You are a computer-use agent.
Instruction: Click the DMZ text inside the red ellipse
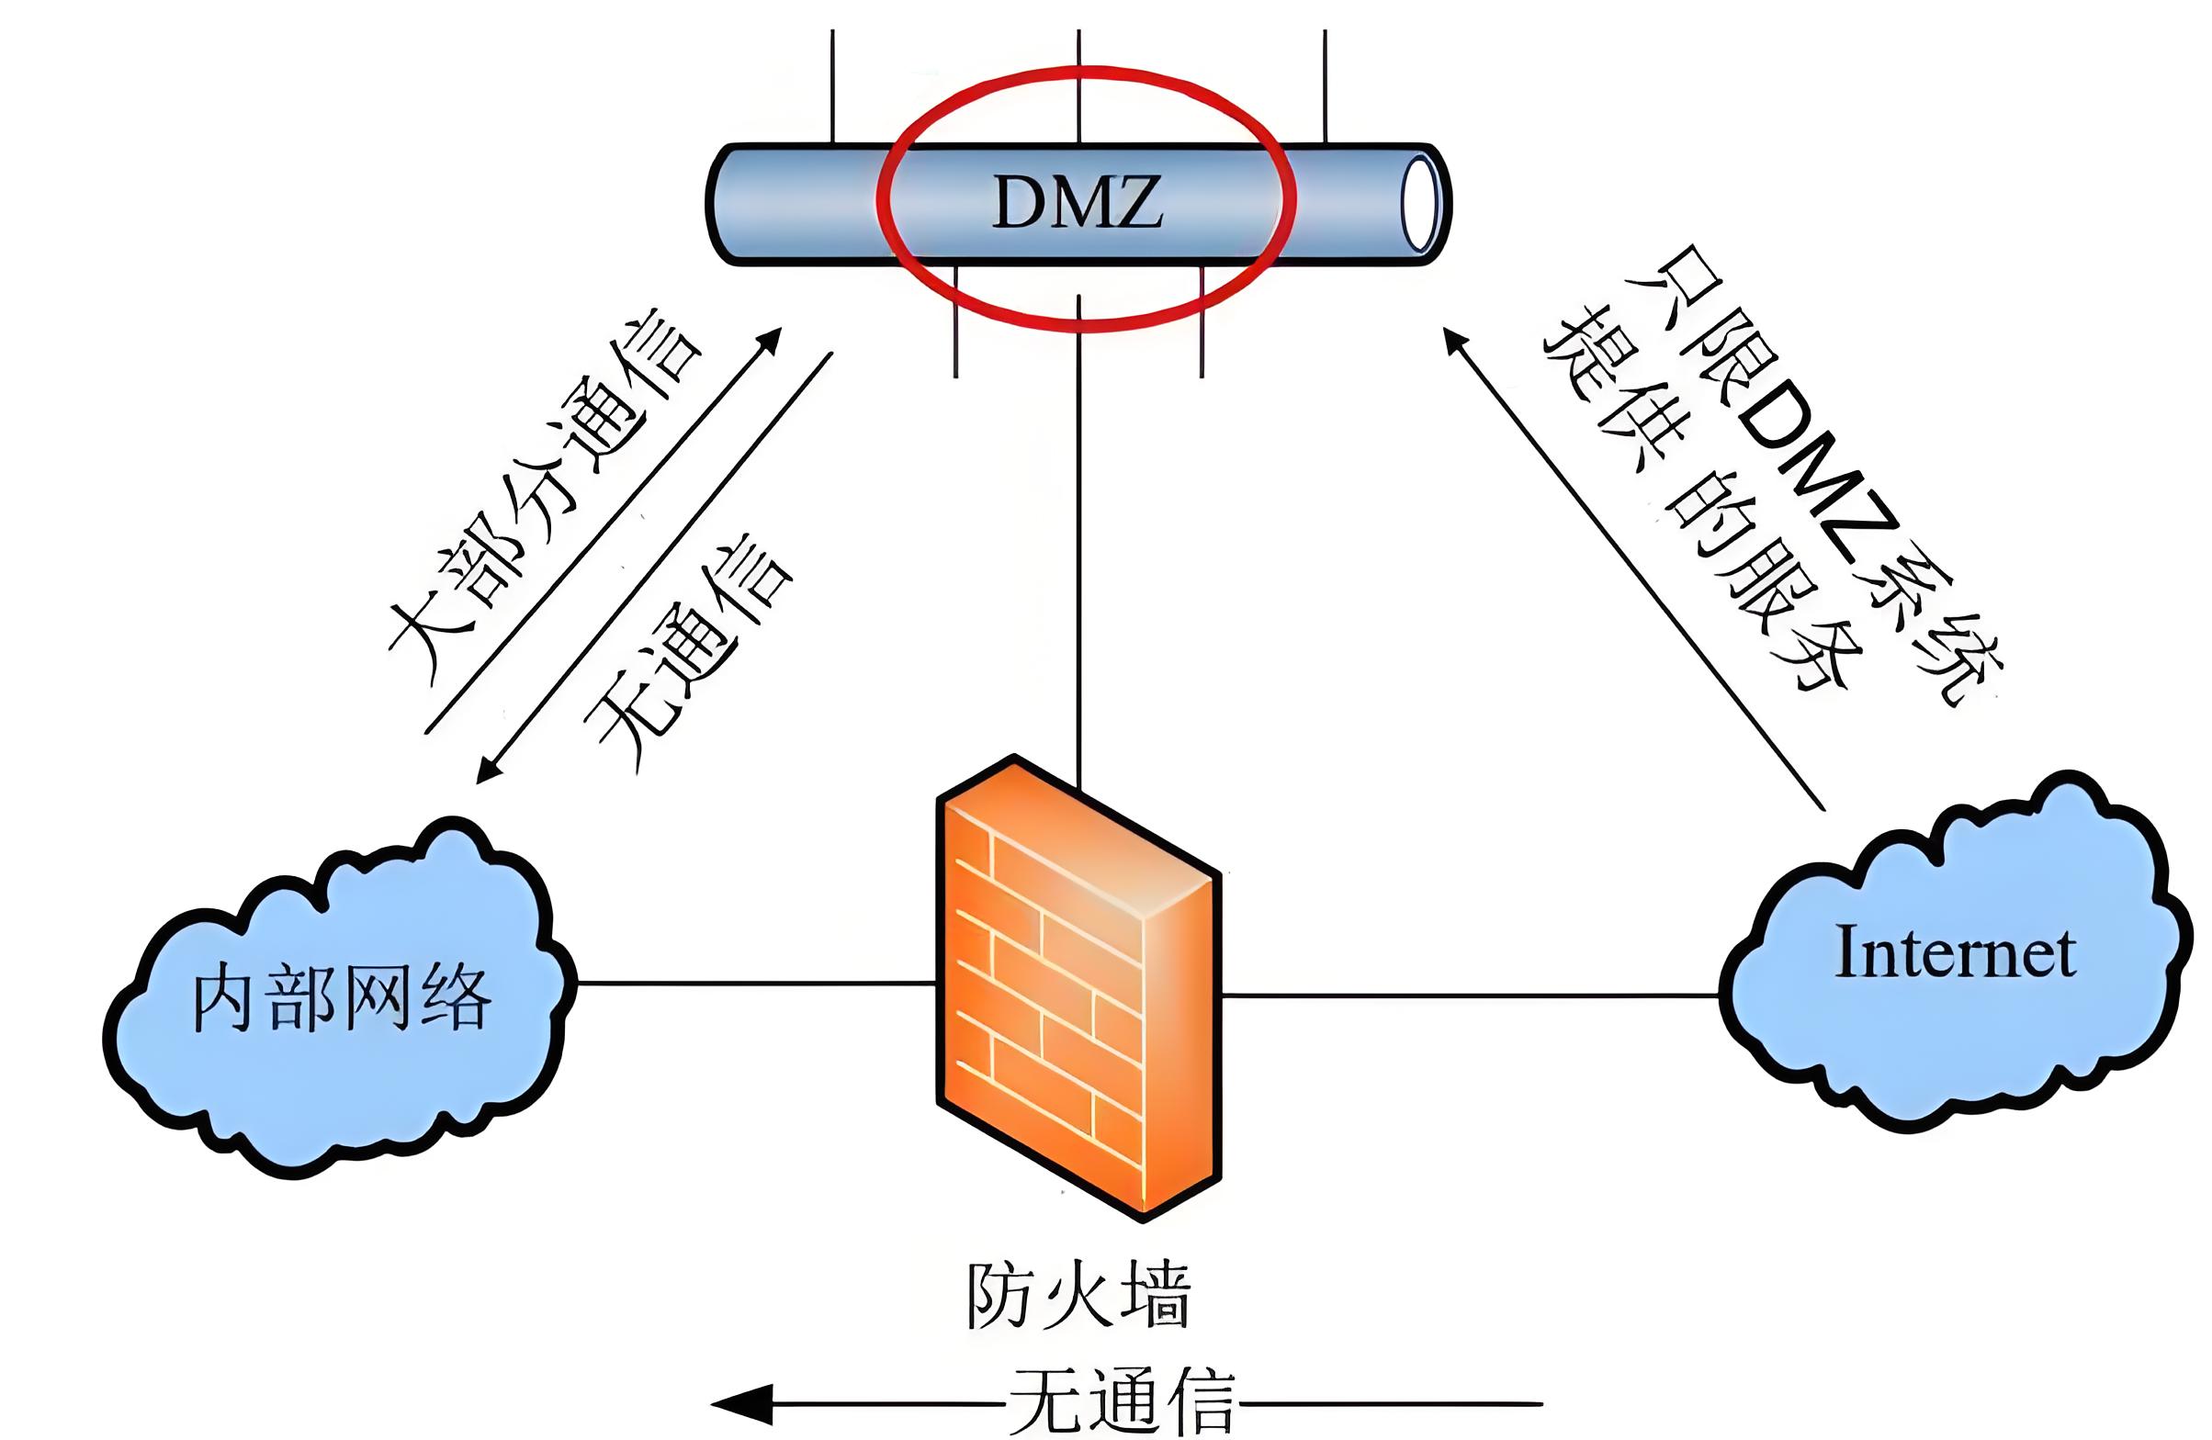(x=1078, y=202)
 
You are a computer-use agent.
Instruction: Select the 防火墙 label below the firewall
(x=1078, y=1294)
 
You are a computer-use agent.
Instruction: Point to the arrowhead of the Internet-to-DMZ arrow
(x=1455, y=340)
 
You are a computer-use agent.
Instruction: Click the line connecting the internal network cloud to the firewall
(x=753, y=983)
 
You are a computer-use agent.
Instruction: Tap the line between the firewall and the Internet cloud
(x=1469, y=995)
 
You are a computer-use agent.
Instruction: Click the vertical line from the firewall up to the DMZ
(x=1079, y=557)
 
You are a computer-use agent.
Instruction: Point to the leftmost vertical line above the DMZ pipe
(x=833, y=84)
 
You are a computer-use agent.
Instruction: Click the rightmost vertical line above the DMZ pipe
(x=1325, y=84)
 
